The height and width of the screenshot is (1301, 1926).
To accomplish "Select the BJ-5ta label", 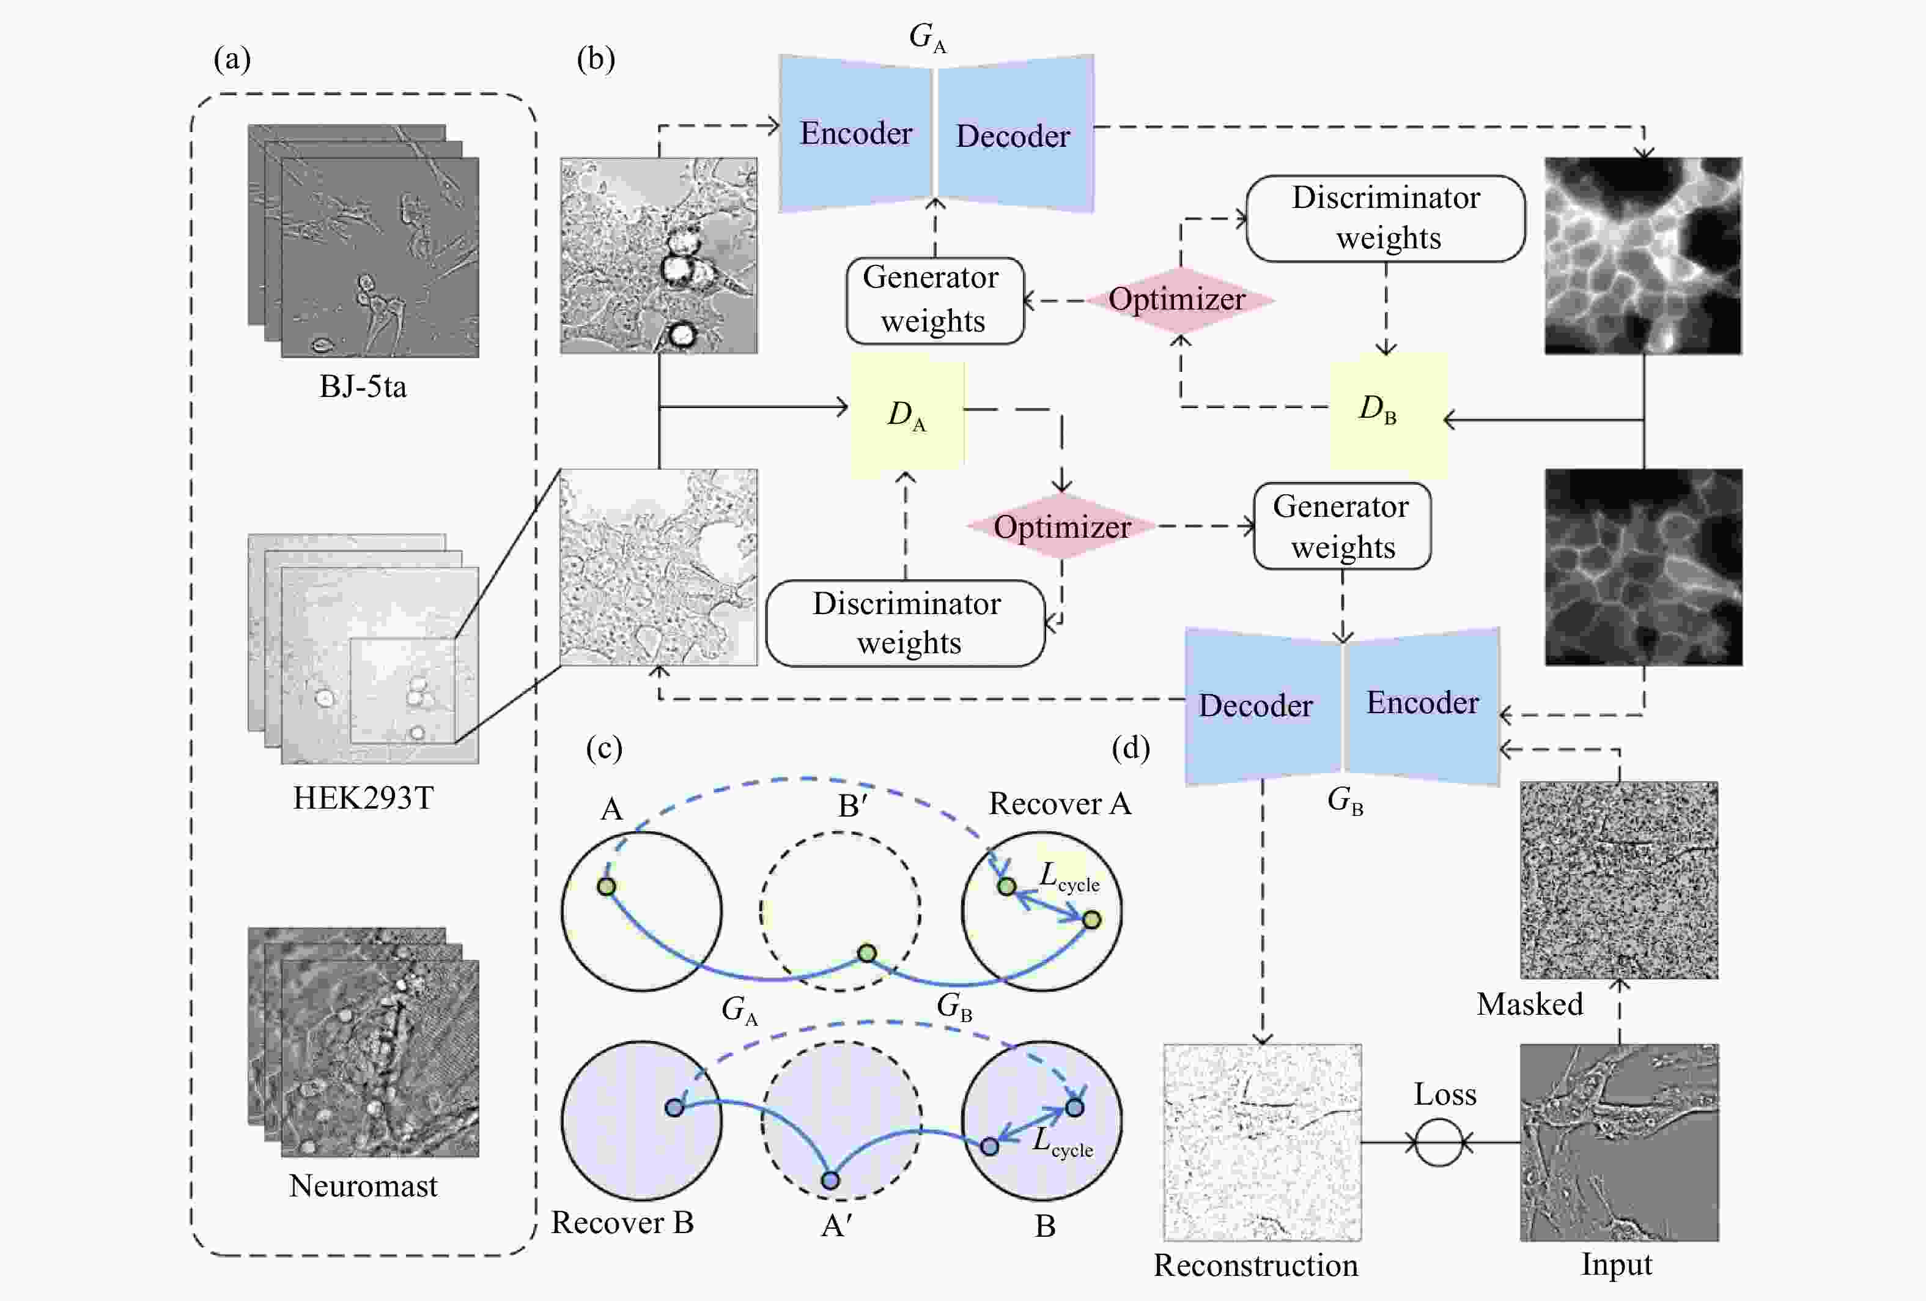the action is [x=363, y=387].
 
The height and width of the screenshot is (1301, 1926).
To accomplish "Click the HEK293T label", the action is [x=363, y=798].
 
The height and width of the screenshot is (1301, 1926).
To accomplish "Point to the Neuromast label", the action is [x=363, y=1186].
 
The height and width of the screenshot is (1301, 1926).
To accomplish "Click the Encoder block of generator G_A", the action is [x=856, y=133].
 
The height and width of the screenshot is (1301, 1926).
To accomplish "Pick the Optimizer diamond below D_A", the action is [x=1063, y=527].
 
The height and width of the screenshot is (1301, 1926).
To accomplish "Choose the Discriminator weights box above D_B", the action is [x=1385, y=219].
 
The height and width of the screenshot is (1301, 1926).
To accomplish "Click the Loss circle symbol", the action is [x=1439, y=1143].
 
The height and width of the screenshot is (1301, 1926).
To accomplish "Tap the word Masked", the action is [x=1530, y=1004].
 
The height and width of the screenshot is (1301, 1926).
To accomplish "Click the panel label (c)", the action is [x=604, y=748].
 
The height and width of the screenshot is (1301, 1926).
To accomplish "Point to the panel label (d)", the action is [x=1131, y=748].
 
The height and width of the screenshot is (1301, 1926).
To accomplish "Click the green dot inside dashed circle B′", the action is [x=867, y=954].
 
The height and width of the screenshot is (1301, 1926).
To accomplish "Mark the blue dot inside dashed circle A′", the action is [x=830, y=1180].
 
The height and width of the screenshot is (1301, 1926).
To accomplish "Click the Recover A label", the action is [x=1060, y=804].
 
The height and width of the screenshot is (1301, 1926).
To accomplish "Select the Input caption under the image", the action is [x=1617, y=1264].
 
